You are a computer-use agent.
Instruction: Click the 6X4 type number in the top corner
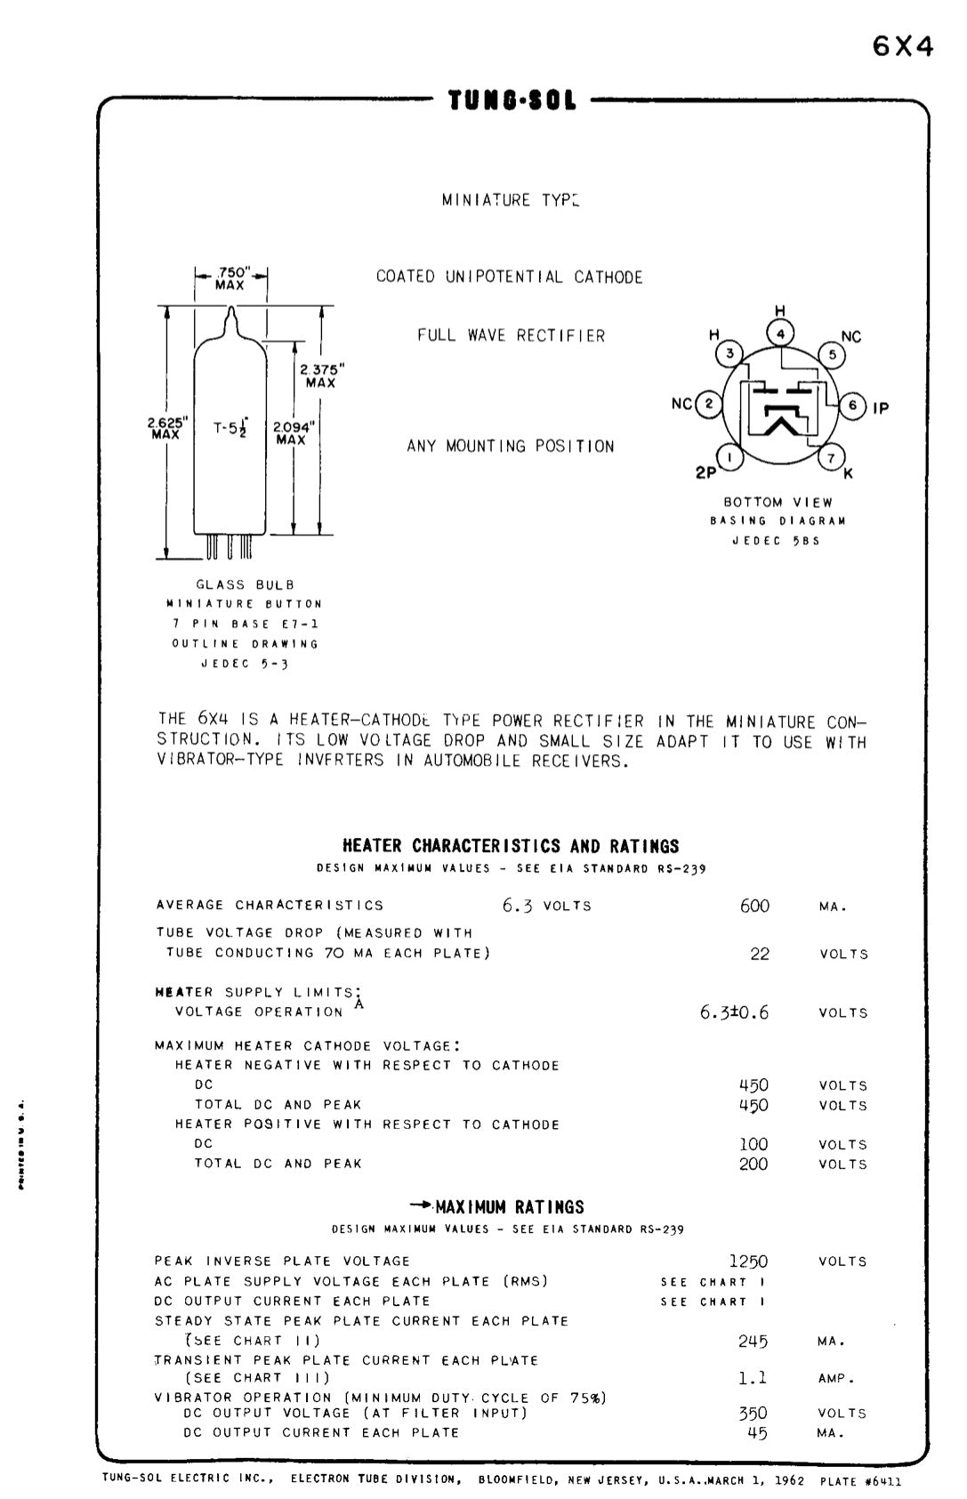[x=903, y=46]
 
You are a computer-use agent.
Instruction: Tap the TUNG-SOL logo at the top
[x=512, y=101]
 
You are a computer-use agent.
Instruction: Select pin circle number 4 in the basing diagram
[x=780, y=334]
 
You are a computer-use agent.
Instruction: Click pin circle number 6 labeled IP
[x=852, y=406]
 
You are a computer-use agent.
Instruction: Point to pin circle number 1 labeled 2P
[x=730, y=458]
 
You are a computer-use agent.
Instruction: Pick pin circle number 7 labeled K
[x=831, y=458]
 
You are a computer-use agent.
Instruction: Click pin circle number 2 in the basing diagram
[x=709, y=404]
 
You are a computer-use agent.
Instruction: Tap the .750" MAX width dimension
[x=230, y=278]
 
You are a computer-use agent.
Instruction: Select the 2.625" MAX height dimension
[x=165, y=429]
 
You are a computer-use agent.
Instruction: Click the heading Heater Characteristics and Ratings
[x=511, y=846]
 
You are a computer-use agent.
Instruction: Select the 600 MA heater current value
[x=754, y=906]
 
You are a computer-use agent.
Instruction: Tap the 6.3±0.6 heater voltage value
[x=734, y=1012]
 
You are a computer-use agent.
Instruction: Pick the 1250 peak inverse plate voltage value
[x=748, y=1261]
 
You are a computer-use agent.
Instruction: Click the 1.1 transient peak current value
[x=753, y=1378]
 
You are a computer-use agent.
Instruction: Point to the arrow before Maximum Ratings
[x=422, y=1205]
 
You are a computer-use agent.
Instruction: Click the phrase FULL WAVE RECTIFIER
[x=512, y=335]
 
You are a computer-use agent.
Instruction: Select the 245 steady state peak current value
[x=753, y=1341]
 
